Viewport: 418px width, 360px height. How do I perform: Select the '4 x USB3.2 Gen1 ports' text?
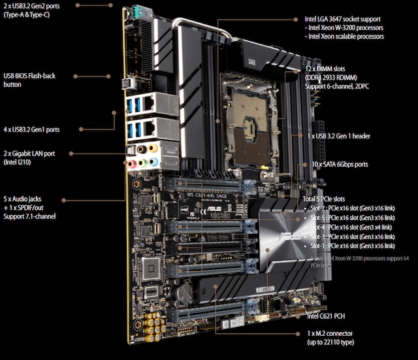pyautogui.click(x=31, y=129)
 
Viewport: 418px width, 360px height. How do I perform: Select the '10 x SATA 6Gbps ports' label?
pyautogui.click(x=340, y=164)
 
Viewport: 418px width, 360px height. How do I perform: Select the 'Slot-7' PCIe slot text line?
pyautogui.click(x=349, y=207)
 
